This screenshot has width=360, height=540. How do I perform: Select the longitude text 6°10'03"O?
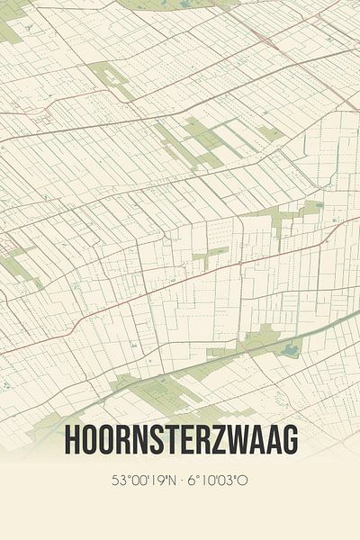[218, 480]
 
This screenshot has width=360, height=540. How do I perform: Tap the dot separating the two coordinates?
[180, 480]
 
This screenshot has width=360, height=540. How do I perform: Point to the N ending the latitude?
[168, 480]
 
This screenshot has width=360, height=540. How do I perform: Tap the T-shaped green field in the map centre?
[207, 255]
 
